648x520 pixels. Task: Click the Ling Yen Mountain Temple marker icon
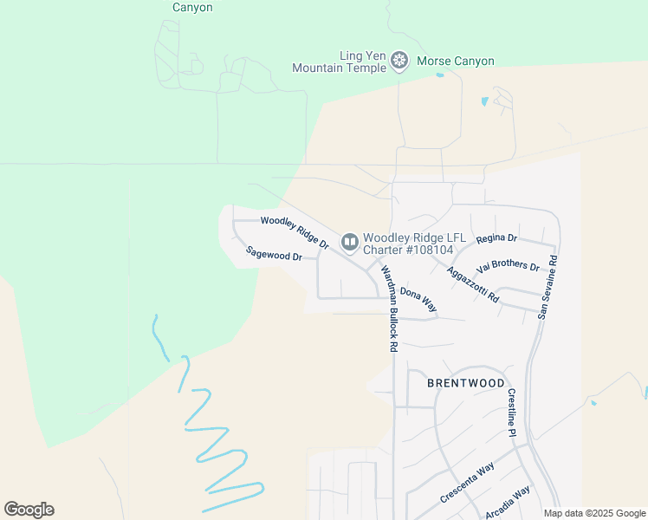click(x=399, y=61)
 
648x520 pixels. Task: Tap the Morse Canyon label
click(x=456, y=62)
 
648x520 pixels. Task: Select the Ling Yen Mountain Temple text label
click(x=339, y=62)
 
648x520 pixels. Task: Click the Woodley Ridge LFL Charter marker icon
click(x=350, y=242)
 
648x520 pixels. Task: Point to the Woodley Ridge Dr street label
click(x=295, y=233)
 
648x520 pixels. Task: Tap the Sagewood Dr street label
click(x=273, y=255)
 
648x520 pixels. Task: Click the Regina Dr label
click(x=496, y=237)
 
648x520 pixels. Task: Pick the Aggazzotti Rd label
click(x=473, y=284)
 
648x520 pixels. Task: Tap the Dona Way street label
click(x=418, y=300)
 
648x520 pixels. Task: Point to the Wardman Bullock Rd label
click(x=388, y=307)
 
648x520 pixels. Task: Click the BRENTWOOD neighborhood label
click(x=466, y=382)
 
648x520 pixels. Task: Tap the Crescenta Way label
click(x=468, y=483)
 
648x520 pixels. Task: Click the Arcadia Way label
click(x=508, y=503)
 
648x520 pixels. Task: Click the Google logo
click(x=29, y=510)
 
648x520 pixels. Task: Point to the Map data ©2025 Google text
click(x=593, y=513)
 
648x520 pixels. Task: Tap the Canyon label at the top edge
click(x=192, y=7)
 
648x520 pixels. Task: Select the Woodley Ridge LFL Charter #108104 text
click(x=408, y=244)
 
